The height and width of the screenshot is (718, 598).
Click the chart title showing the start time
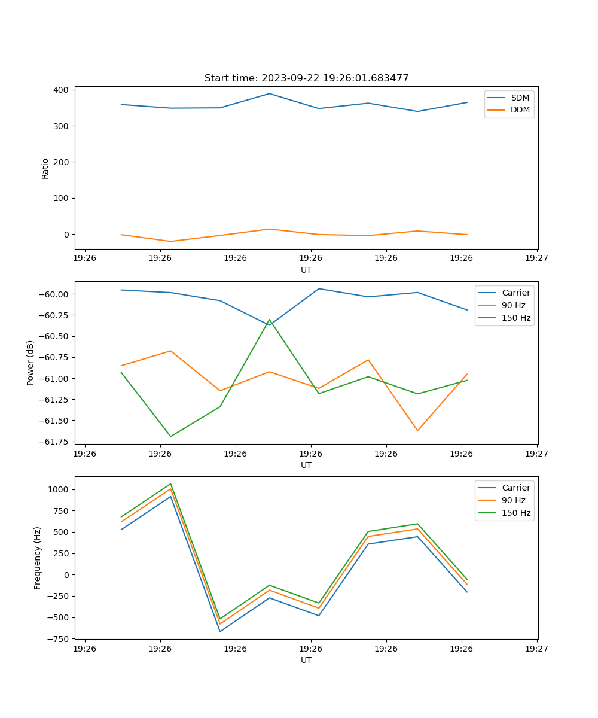click(306, 78)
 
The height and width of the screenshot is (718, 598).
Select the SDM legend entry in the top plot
click(520, 98)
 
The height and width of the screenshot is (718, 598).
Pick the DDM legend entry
click(520, 109)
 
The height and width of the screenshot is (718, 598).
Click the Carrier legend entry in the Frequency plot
click(515, 488)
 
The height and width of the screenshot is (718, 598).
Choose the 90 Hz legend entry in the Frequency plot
click(513, 500)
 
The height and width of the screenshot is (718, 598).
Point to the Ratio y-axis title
click(45, 169)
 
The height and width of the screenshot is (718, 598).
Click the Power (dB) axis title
click(30, 363)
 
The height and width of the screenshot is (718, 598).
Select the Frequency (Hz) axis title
click(38, 558)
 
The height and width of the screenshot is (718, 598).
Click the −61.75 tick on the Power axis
click(54, 442)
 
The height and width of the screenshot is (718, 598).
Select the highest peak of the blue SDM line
click(269, 93)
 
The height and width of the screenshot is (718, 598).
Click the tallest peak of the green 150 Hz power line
click(269, 320)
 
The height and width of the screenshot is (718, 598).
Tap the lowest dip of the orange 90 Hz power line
click(417, 431)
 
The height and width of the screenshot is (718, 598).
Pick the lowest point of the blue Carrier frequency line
click(220, 631)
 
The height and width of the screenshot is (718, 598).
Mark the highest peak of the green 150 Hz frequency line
click(170, 483)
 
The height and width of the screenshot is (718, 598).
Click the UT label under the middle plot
click(306, 465)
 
